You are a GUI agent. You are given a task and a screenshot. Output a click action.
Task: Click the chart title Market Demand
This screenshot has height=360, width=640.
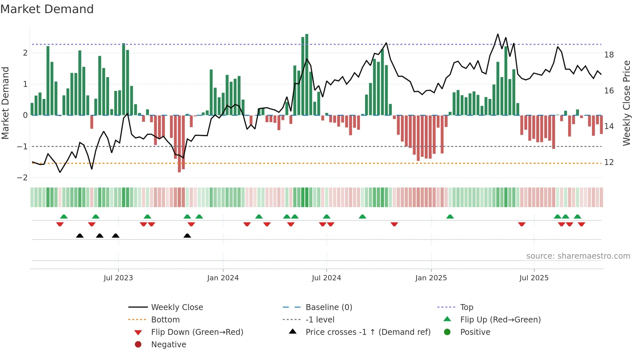(47, 9)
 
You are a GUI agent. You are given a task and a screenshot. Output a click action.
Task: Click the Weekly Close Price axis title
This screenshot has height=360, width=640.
(626, 103)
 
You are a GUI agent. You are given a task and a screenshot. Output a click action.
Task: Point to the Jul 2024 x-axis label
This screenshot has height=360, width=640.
(326, 278)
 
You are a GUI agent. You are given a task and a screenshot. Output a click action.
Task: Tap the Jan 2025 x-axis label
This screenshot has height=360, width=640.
(431, 278)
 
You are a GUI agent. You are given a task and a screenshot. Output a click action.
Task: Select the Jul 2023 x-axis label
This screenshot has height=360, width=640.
(118, 278)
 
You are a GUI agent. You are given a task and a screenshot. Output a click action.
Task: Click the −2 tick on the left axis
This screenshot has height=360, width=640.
(22, 178)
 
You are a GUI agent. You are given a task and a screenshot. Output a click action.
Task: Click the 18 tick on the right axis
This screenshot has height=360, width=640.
(609, 55)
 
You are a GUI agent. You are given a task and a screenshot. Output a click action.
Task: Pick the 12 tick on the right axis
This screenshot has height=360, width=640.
(609, 162)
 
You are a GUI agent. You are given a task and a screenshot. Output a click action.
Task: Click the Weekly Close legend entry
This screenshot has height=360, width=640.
(177, 307)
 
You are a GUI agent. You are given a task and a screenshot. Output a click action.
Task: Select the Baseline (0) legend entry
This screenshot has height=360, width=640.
(328, 307)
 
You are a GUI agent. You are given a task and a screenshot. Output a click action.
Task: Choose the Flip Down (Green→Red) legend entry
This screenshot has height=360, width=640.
(197, 332)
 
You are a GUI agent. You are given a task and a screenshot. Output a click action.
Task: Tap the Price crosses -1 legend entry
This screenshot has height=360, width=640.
(368, 332)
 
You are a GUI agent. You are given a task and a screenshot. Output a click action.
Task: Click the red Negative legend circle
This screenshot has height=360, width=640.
(138, 345)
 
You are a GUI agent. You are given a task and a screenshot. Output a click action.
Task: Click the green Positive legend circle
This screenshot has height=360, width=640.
(447, 332)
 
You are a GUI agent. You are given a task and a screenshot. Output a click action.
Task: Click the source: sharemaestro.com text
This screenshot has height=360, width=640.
(578, 256)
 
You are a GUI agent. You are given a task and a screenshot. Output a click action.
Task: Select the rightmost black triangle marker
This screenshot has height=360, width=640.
(187, 236)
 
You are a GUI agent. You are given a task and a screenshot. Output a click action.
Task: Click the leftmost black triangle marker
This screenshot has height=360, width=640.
(80, 236)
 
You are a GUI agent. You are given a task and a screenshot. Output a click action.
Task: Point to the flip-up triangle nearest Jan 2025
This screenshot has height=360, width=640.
(450, 217)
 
